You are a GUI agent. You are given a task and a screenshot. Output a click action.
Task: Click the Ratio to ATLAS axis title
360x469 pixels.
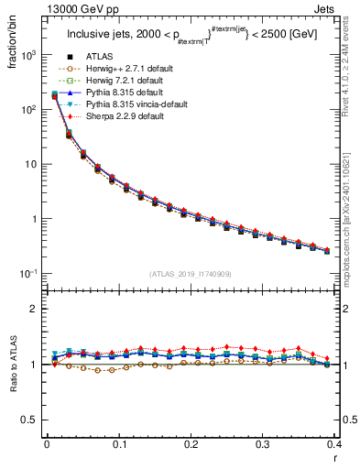coord(11,366)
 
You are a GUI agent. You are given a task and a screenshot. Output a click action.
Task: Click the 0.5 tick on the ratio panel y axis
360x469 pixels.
coord(32,420)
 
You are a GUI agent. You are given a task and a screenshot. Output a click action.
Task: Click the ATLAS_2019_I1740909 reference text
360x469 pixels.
coord(191,275)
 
